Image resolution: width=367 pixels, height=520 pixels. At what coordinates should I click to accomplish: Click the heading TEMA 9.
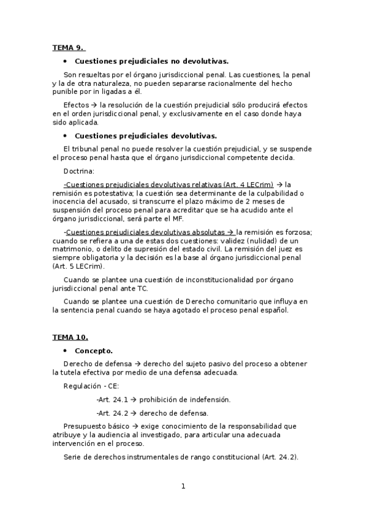pos(68,47)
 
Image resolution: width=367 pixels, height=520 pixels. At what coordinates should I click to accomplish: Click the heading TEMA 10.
pos(70,337)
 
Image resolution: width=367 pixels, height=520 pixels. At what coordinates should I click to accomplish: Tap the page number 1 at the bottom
pos(183,486)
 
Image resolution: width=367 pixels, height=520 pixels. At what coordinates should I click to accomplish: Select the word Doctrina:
pos(79,171)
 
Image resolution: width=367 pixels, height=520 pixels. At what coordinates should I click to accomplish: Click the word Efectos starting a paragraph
pos(76,104)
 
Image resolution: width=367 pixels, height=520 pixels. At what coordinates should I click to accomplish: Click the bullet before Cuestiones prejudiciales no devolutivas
pos(65,61)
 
